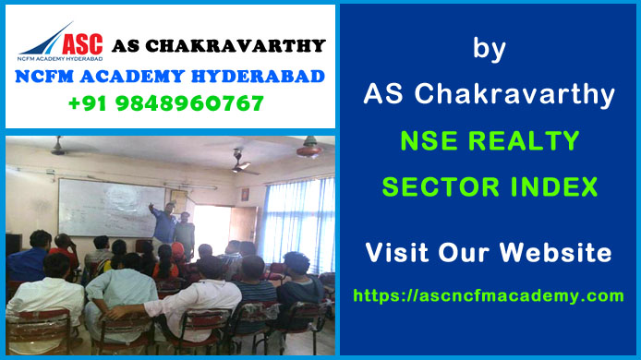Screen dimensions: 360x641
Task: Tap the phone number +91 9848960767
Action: [x=166, y=103]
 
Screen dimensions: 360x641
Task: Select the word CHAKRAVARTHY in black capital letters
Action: [x=245, y=45]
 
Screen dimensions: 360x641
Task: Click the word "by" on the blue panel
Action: [x=489, y=49]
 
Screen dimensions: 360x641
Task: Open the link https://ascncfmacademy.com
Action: [x=489, y=295]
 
